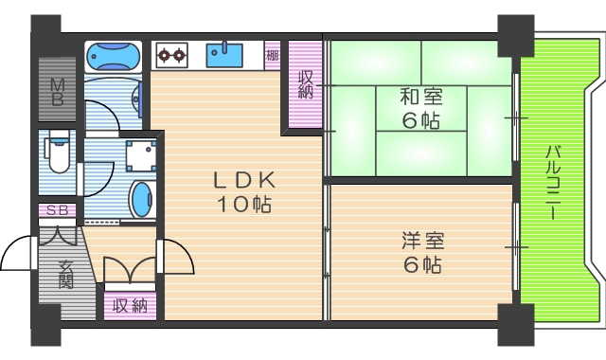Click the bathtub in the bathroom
113,59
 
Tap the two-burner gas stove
170,56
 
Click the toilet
57,154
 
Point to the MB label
57,92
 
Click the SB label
57,210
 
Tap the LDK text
242,180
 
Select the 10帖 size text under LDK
242,204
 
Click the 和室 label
419,97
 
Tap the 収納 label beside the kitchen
306,85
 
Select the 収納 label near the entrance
131,305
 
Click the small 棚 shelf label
273,55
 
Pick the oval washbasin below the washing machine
141,199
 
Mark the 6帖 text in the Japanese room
419,120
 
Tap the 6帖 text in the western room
421,265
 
